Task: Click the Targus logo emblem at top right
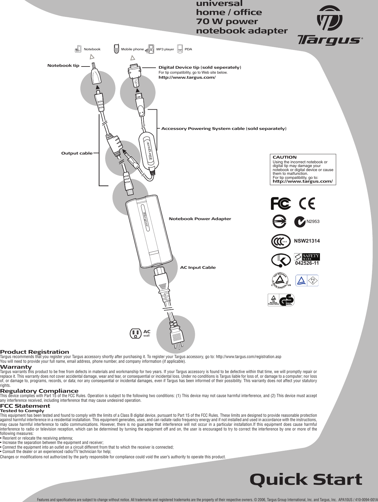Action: [330, 18]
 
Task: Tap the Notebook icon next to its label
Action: [78, 49]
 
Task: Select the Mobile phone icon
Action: [117, 49]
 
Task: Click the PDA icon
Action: [180, 49]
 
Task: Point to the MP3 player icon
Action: [151, 49]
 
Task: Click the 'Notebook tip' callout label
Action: [63, 66]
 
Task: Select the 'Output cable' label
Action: [77, 153]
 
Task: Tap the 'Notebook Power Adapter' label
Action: [200, 219]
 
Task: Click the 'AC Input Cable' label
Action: [198, 268]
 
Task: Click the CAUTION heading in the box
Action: [285, 157]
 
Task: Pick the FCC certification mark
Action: [281, 204]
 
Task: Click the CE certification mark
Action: [307, 204]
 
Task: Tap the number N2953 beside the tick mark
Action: [313, 222]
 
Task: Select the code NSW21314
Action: [307, 241]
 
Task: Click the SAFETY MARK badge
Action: [307, 257]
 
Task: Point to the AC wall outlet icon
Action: [135, 333]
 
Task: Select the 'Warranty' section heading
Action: [16, 367]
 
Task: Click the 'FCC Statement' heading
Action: [25, 406]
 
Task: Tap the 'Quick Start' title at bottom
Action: [306, 480]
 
